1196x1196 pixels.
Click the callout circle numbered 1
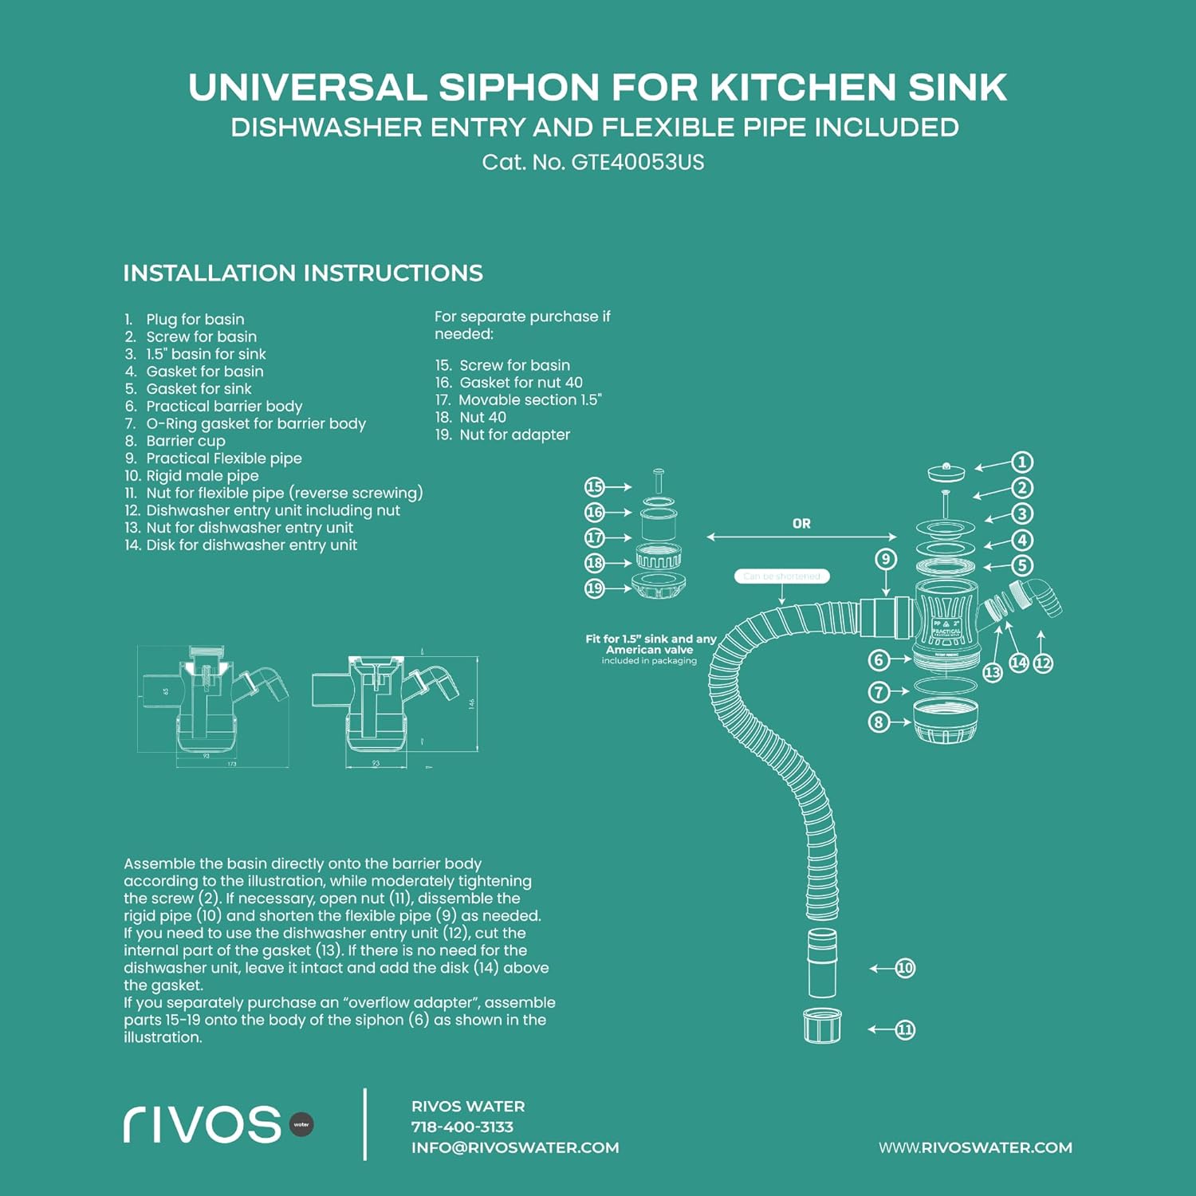point(1021,462)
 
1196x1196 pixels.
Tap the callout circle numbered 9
point(886,559)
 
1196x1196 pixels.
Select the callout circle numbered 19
point(595,588)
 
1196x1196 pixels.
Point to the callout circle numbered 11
point(905,1029)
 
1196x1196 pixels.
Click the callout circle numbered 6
point(879,660)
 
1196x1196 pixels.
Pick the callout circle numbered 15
point(595,486)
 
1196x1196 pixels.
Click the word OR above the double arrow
point(801,524)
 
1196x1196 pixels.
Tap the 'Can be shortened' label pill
point(781,576)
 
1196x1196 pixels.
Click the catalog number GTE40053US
point(638,163)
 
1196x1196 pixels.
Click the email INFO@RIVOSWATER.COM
point(515,1147)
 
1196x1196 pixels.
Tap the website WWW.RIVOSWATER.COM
point(975,1147)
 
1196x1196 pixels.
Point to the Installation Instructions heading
point(303,273)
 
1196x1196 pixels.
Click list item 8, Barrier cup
point(185,441)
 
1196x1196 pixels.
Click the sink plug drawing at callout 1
point(946,472)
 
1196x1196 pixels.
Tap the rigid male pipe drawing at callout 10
point(822,962)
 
